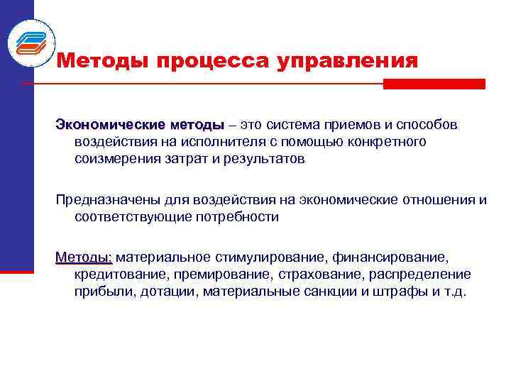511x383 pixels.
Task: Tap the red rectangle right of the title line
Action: [434, 84]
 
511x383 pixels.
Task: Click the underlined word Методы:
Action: [84, 256]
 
